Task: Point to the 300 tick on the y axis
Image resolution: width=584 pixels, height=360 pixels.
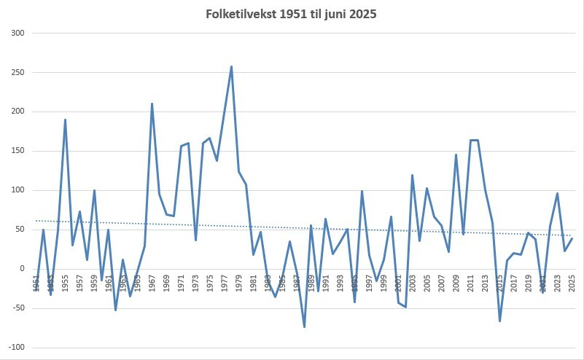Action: pyautogui.click(x=17, y=34)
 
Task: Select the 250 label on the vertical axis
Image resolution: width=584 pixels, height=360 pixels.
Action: pyautogui.click(x=17, y=73)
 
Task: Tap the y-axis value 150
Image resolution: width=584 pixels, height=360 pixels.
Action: pyautogui.click(x=17, y=151)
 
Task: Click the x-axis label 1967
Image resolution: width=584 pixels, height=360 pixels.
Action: pyautogui.click(x=152, y=283)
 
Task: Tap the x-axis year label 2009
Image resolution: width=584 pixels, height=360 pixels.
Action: pyautogui.click(x=456, y=283)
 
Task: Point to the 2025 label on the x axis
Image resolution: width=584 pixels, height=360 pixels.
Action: pyautogui.click(x=572, y=283)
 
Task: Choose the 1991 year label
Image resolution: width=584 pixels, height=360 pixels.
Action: pyautogui.click(x=326, y=283)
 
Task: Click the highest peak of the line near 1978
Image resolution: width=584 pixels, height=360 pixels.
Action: pyautogui.click(x=231, y=67)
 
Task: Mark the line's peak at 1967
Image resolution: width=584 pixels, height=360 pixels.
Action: pyautogui.click(x=152, y=103)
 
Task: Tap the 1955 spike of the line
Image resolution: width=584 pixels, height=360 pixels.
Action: pyautogui.click(x=65, y=120)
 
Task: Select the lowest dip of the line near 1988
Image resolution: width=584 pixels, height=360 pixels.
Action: pyautogui.click(x=304, y=326)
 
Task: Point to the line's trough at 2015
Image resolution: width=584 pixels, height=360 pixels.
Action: pyautogui.click(x=500, y=321)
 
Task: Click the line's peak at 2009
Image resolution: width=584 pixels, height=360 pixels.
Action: pyautogui.click(x=456, y=154)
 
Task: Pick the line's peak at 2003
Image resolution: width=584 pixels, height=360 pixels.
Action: pyautogui.click(x=413, y=175)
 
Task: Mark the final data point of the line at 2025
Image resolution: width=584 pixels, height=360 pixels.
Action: pyautogui.click(x=572, y=238)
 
